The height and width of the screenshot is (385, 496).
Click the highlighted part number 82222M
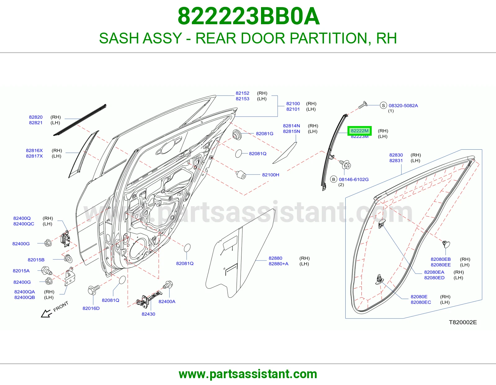tap(360, 131)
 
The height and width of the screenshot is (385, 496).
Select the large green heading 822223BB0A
tap(249, 16)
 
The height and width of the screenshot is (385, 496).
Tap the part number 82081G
tap(264, 134)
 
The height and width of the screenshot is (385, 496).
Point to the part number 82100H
tap(271, 175)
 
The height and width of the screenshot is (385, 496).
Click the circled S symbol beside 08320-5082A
tap(383, 105)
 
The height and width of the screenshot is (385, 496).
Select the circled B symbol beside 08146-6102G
tap(334, 179)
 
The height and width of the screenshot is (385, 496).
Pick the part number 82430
tap(148, 314)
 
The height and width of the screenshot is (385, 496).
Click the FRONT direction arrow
tap(46, 313)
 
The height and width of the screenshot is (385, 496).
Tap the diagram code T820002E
tap(463, 322)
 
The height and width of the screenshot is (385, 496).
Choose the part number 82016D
tap(91, 308)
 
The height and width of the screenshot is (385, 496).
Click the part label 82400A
tap(167, 301)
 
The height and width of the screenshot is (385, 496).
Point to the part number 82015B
tap(36, 260)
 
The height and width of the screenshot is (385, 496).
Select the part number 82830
tap(396, 155)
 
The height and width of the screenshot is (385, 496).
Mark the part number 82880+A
tap(278, 264)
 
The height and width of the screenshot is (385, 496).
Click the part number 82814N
tap(291, 126)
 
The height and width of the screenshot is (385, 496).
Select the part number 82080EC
tap(421, 302)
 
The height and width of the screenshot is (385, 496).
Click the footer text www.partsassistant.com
tap(248, 374)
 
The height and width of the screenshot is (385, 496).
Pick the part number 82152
tap(242, 93)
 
